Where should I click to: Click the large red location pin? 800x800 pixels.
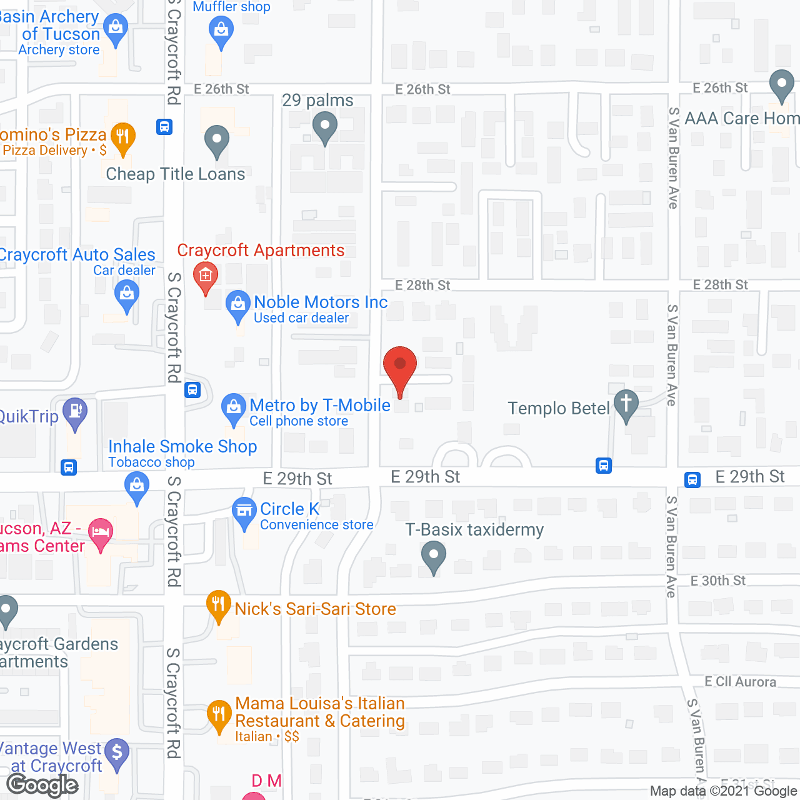tap(399, 366)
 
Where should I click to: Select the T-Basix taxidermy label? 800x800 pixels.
tap(474, 530)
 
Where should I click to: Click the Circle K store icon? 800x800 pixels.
tap(244, 511)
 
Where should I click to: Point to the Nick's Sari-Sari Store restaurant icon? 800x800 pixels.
tap(218, 604)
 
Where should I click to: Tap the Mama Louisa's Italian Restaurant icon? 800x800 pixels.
tap(219, 714)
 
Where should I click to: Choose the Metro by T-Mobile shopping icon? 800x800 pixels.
tap(234, 407)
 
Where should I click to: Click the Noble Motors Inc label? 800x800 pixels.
tap(321, 302)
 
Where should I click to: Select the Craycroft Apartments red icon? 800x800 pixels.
tap(205, 275)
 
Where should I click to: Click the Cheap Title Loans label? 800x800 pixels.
tap(176, 174)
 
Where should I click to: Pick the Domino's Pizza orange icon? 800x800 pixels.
tap(123, 136)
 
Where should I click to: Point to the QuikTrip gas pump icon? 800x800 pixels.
tap(75, 411)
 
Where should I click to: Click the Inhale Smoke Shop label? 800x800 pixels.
tap(182, 447)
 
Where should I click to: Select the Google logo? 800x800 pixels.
tap(42, 785)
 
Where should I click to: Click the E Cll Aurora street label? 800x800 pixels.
tap(740, 682)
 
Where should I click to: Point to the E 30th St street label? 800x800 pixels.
tap(717, 581)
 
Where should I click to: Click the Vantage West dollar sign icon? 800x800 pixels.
tap(117, 752)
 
